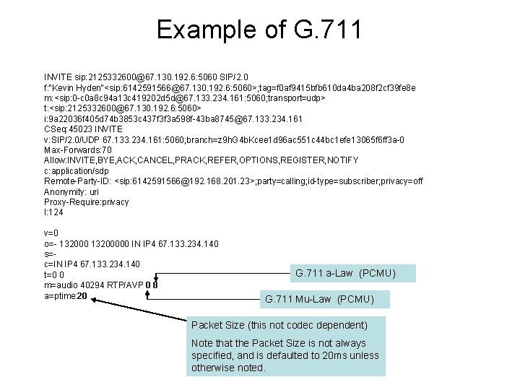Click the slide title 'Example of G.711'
[x=259, y=30]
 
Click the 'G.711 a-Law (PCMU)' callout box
[x=354, y=273]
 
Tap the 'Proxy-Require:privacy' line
[x=87, y=202]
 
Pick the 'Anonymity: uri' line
[x=73, y=191]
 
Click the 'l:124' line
[x=53, y=212]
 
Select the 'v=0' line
[x=51, y=233]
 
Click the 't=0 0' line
[x=55, y=275]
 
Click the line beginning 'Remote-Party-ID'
[x=233, y=181]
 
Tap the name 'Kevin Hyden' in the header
[x=78, y=87]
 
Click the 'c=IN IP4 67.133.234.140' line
[x=92, y=264]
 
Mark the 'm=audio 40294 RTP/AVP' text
[x=93, y=285]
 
